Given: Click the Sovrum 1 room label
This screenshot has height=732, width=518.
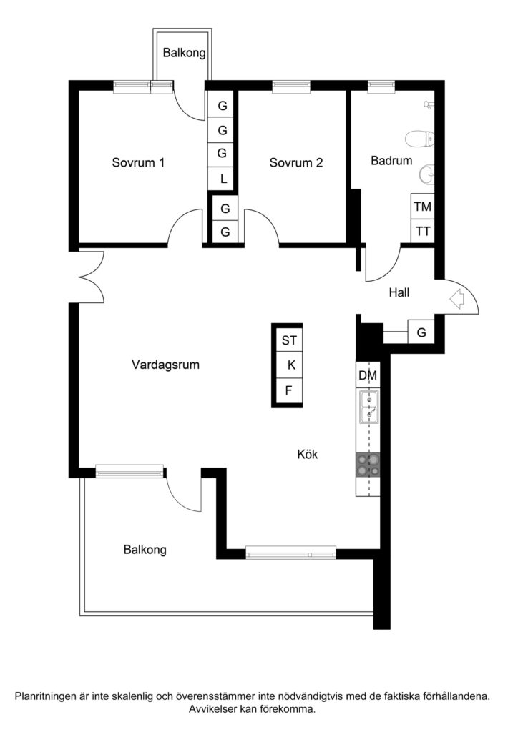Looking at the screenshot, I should tap(138, 162).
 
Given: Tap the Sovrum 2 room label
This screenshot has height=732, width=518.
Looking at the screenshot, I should tap(296, 162).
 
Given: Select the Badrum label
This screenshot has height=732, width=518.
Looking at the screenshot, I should tap(391, 161).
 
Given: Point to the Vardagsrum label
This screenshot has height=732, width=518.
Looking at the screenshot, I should tap(165, 365).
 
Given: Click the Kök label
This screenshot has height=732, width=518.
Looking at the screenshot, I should tap(308, 454).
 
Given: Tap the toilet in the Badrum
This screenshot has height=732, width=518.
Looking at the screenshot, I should tap(416, 138).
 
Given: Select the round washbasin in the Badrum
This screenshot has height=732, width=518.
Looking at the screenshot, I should tap(427, 174).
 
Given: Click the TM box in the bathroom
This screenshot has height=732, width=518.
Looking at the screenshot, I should tap(423, 207).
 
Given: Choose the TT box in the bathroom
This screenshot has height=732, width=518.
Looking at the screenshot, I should tap(423, 231).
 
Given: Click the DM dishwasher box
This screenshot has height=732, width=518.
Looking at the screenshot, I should tap(368, 376).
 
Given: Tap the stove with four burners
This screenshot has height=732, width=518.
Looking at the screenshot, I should tap(368, 466).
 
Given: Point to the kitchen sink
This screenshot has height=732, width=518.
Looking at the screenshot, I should tap(368, 407).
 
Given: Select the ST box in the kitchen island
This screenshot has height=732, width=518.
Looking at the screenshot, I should tap(289, 340).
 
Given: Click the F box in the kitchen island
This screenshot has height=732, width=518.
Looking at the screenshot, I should tap(289, 390).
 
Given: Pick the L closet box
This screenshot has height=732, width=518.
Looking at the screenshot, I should tap(223, 178).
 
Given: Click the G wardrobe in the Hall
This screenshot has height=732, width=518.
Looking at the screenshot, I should tap(421, 332).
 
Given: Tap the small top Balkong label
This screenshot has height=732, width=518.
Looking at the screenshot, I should tap(184, 53).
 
